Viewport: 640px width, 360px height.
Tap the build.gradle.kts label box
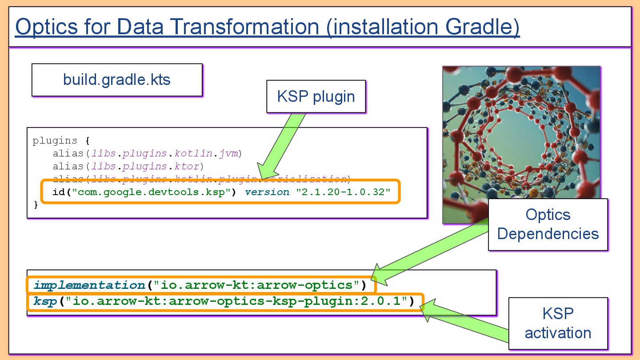(x=117, y=80)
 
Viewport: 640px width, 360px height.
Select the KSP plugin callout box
(x=316, y=96)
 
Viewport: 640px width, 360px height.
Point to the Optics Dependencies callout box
(x=548, y=224)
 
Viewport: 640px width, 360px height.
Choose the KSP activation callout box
(x=558, y=323)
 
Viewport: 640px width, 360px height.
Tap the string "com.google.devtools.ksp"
(x=151, y=192)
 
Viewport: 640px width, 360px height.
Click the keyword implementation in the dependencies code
(x=89, y=284)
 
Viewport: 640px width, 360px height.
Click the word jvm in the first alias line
(x=229, y=154)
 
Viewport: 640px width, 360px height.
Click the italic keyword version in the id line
(x=267, y=192)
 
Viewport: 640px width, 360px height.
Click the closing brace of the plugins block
(x=36, y=204)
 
